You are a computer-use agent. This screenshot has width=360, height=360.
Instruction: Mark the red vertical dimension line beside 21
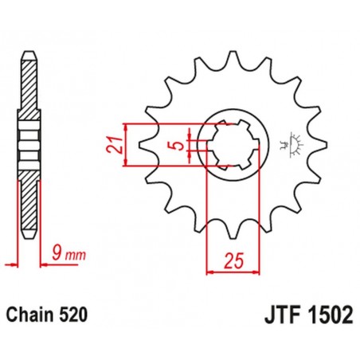[x=126, y=146]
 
